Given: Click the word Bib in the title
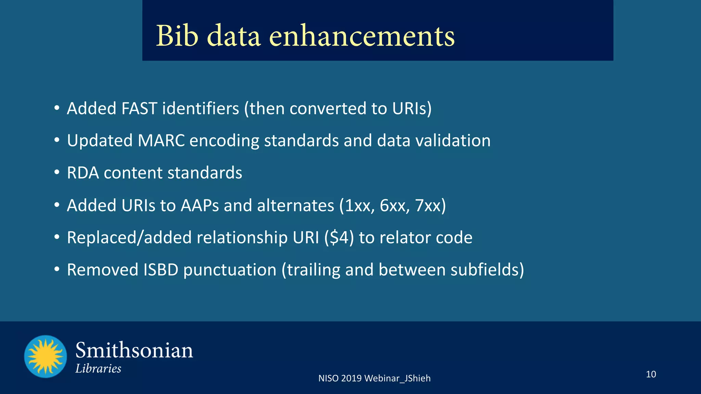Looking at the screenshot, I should [x=177, y=36].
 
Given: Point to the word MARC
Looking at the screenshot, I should [x=161, y=141].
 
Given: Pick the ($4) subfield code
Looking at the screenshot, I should [x=339, y=238].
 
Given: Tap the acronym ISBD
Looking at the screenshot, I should [x=161, y=270].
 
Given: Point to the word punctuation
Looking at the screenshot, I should [x=230, y=270].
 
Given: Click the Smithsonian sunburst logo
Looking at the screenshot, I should [x=46, y=356].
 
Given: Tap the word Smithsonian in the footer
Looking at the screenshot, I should [x=134, y=351].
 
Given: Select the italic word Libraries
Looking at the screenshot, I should [x=98, y=369].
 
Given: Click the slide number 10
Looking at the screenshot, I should [x=651, y=374].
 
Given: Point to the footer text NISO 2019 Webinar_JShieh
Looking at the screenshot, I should [x=374, y=378].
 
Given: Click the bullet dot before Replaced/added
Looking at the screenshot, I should [x=57, y=237].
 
